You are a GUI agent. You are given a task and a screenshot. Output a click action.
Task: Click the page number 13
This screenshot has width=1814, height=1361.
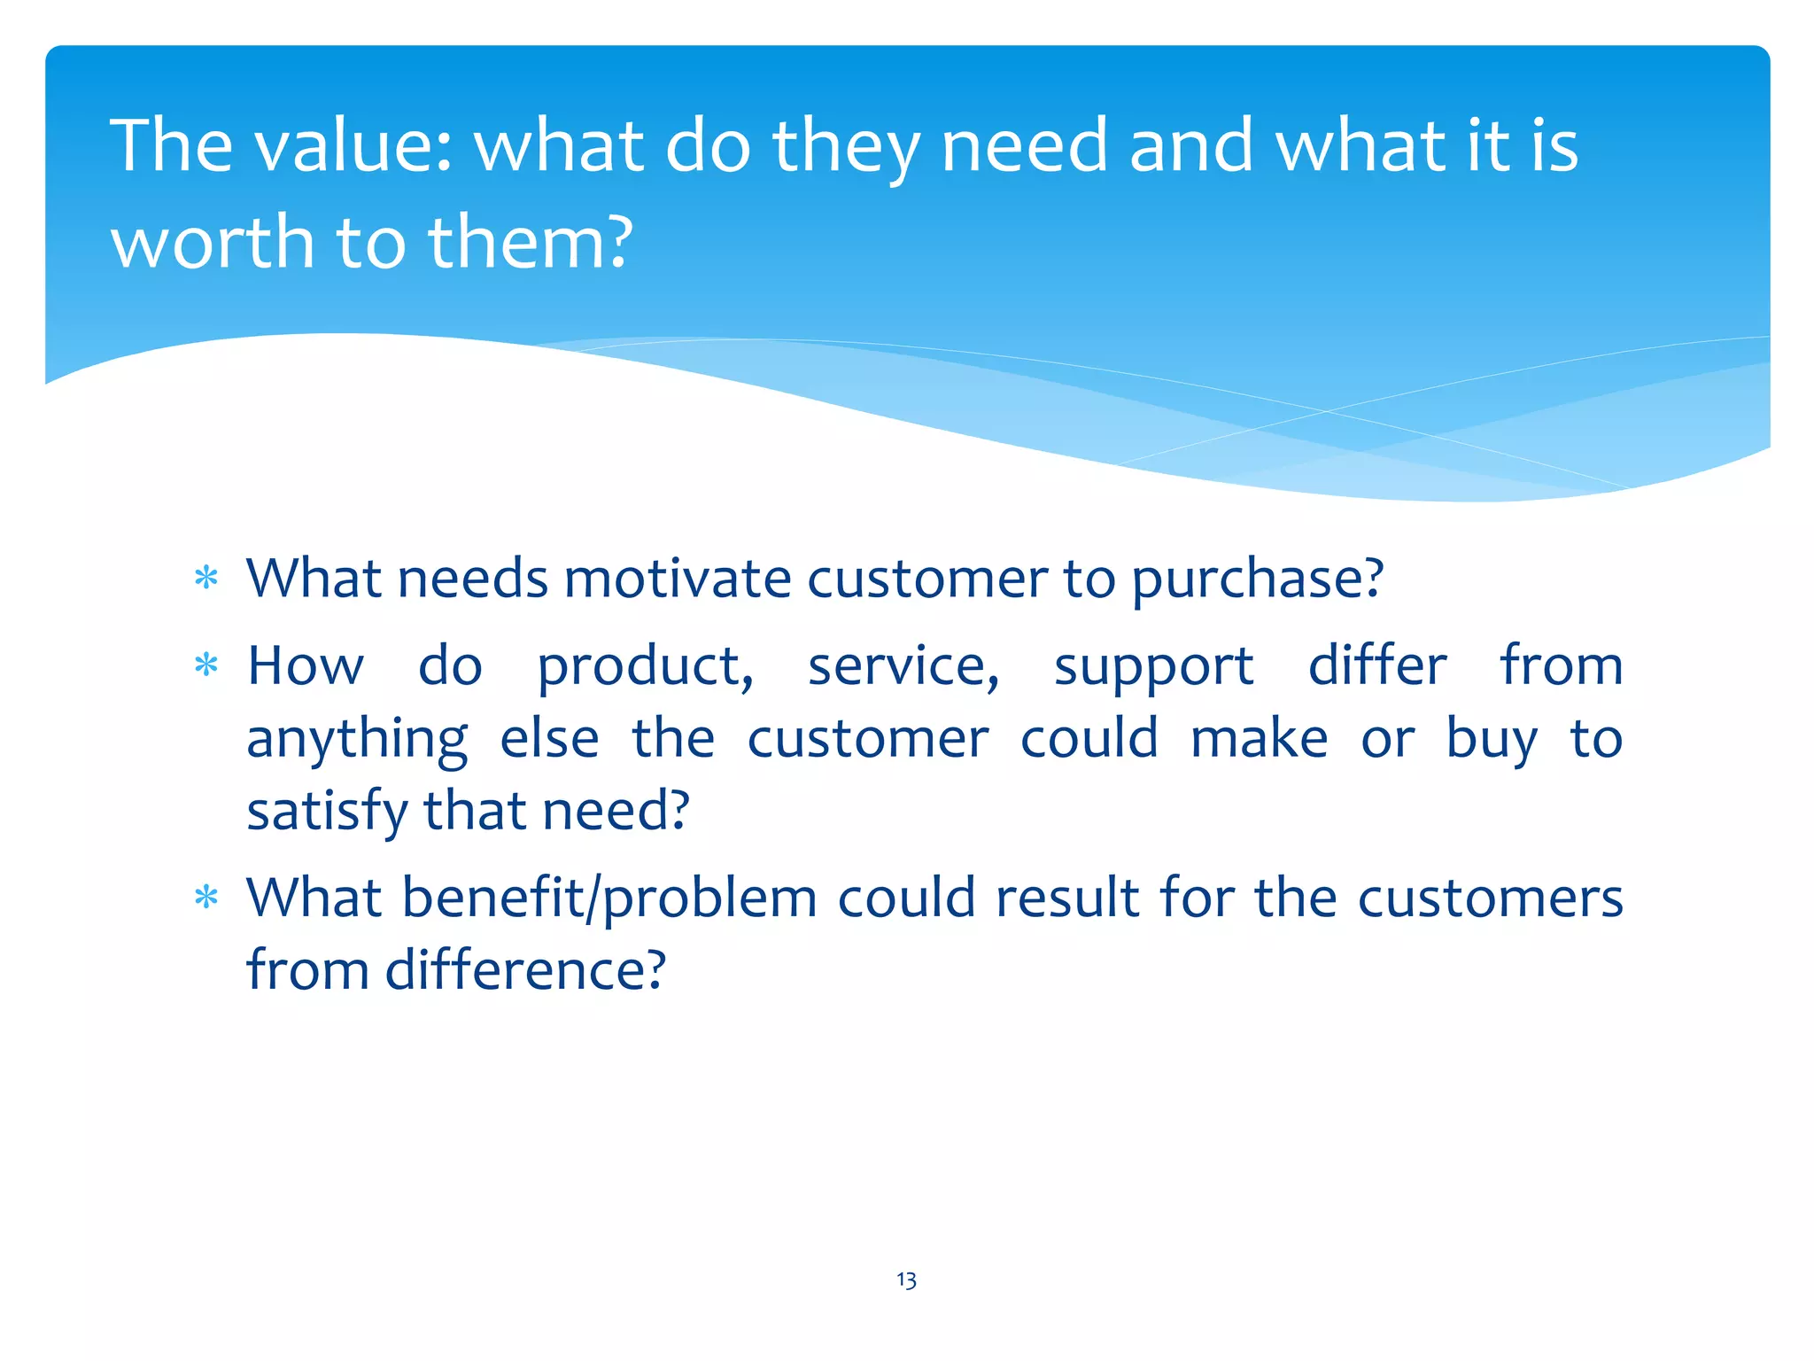point(906,1280)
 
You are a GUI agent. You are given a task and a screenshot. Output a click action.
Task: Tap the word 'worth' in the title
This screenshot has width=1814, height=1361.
point(213,242)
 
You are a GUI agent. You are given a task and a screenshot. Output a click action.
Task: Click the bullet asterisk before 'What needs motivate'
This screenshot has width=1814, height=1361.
point(206,579)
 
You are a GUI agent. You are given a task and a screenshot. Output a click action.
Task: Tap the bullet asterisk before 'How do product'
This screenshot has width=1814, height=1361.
point(206,665)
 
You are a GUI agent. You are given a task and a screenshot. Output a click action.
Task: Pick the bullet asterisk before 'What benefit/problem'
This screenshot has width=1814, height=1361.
point(206,898)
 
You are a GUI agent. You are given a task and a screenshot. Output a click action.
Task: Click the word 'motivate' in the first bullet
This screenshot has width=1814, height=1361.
point(677,579)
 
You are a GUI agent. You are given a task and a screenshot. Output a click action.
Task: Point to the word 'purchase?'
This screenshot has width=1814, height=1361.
point(1257,580)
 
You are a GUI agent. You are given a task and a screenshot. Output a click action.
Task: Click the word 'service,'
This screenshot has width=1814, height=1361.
point(903,666)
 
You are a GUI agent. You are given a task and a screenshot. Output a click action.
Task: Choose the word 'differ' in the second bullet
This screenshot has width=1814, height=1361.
point(1377,665)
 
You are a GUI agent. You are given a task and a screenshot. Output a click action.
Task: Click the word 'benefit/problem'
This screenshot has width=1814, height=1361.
point(609,898)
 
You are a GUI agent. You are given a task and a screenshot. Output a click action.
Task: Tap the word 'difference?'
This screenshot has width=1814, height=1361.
point(524,969)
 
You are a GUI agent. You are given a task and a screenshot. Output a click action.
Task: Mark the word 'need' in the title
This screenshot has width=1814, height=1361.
point(1024,145)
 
